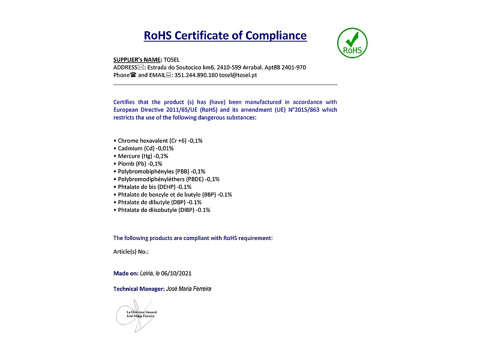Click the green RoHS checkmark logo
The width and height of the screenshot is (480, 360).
[x=352, y=43]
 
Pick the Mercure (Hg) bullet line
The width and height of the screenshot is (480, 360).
[x=143, y=156]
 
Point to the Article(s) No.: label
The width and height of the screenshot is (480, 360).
[x=131, y=252]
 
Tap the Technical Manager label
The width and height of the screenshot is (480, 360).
[x=139, y=289]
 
